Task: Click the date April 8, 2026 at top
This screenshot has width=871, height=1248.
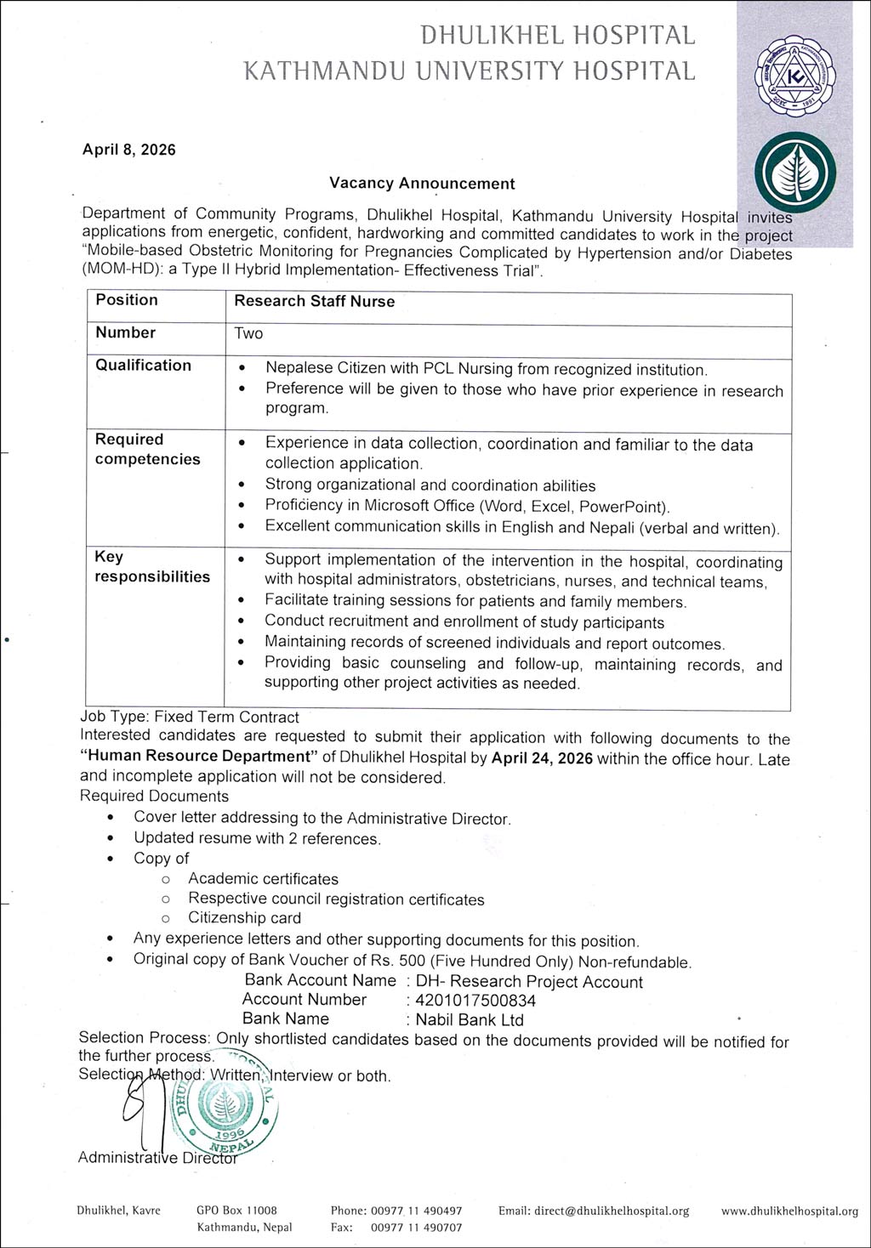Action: point(128,150)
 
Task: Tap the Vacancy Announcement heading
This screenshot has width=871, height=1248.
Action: point(422,183)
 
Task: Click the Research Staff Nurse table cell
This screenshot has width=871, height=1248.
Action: point(315,301)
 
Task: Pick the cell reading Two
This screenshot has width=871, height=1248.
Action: point(249,333)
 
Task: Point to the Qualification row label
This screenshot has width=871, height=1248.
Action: point(144,366)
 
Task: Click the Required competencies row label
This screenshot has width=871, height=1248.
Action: point(148,449)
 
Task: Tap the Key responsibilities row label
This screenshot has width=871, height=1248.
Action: point(152,566)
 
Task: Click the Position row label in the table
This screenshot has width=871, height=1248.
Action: point(127,300)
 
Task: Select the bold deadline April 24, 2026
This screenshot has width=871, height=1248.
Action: point(542,757)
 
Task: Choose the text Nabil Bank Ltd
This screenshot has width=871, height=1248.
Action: point(470,1020)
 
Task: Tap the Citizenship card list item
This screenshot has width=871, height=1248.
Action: point(244,918)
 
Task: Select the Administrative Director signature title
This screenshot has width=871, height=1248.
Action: point(157,1157)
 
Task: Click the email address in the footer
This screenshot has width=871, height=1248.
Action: point(594,1211)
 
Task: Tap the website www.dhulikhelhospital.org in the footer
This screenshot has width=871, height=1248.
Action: point(789,1211)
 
